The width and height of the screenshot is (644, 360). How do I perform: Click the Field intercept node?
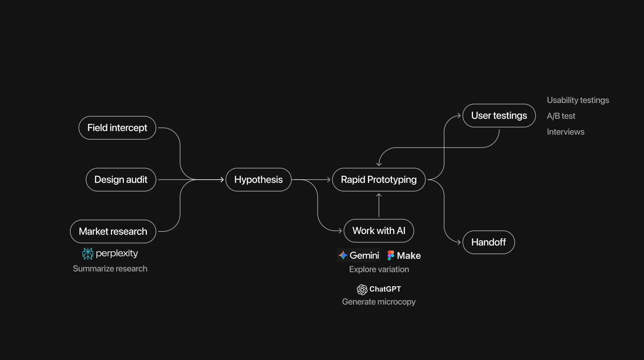click(117, 128)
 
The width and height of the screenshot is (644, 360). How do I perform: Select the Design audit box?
click(121, 180)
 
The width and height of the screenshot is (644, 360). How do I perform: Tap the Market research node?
click(113, 231)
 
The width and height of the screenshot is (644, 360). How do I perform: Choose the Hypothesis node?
click(259, 180)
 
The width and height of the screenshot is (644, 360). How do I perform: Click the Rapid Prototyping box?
click(379, 180)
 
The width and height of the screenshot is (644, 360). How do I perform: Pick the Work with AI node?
click(379, 231)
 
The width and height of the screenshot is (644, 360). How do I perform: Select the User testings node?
click(499, 116)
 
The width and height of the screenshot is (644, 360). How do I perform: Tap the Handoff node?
click(488, 242)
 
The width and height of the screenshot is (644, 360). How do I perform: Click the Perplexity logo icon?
click(88, 253)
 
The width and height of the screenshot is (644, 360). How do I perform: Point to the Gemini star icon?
click(343, 255)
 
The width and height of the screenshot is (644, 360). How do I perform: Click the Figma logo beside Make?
click(390, 255)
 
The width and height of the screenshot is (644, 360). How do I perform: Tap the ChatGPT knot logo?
click(362, 289)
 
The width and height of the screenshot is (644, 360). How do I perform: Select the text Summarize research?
click(110, 269)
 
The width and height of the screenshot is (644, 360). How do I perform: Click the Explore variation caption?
click(379, 269)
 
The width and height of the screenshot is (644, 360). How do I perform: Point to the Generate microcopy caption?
click(379, 302)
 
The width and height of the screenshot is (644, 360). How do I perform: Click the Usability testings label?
click(578, 100)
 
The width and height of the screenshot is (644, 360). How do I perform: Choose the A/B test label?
click(561, 116)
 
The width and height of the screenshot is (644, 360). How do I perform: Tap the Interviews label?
click(565, 132)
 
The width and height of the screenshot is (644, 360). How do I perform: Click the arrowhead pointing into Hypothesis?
click(222, 180)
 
